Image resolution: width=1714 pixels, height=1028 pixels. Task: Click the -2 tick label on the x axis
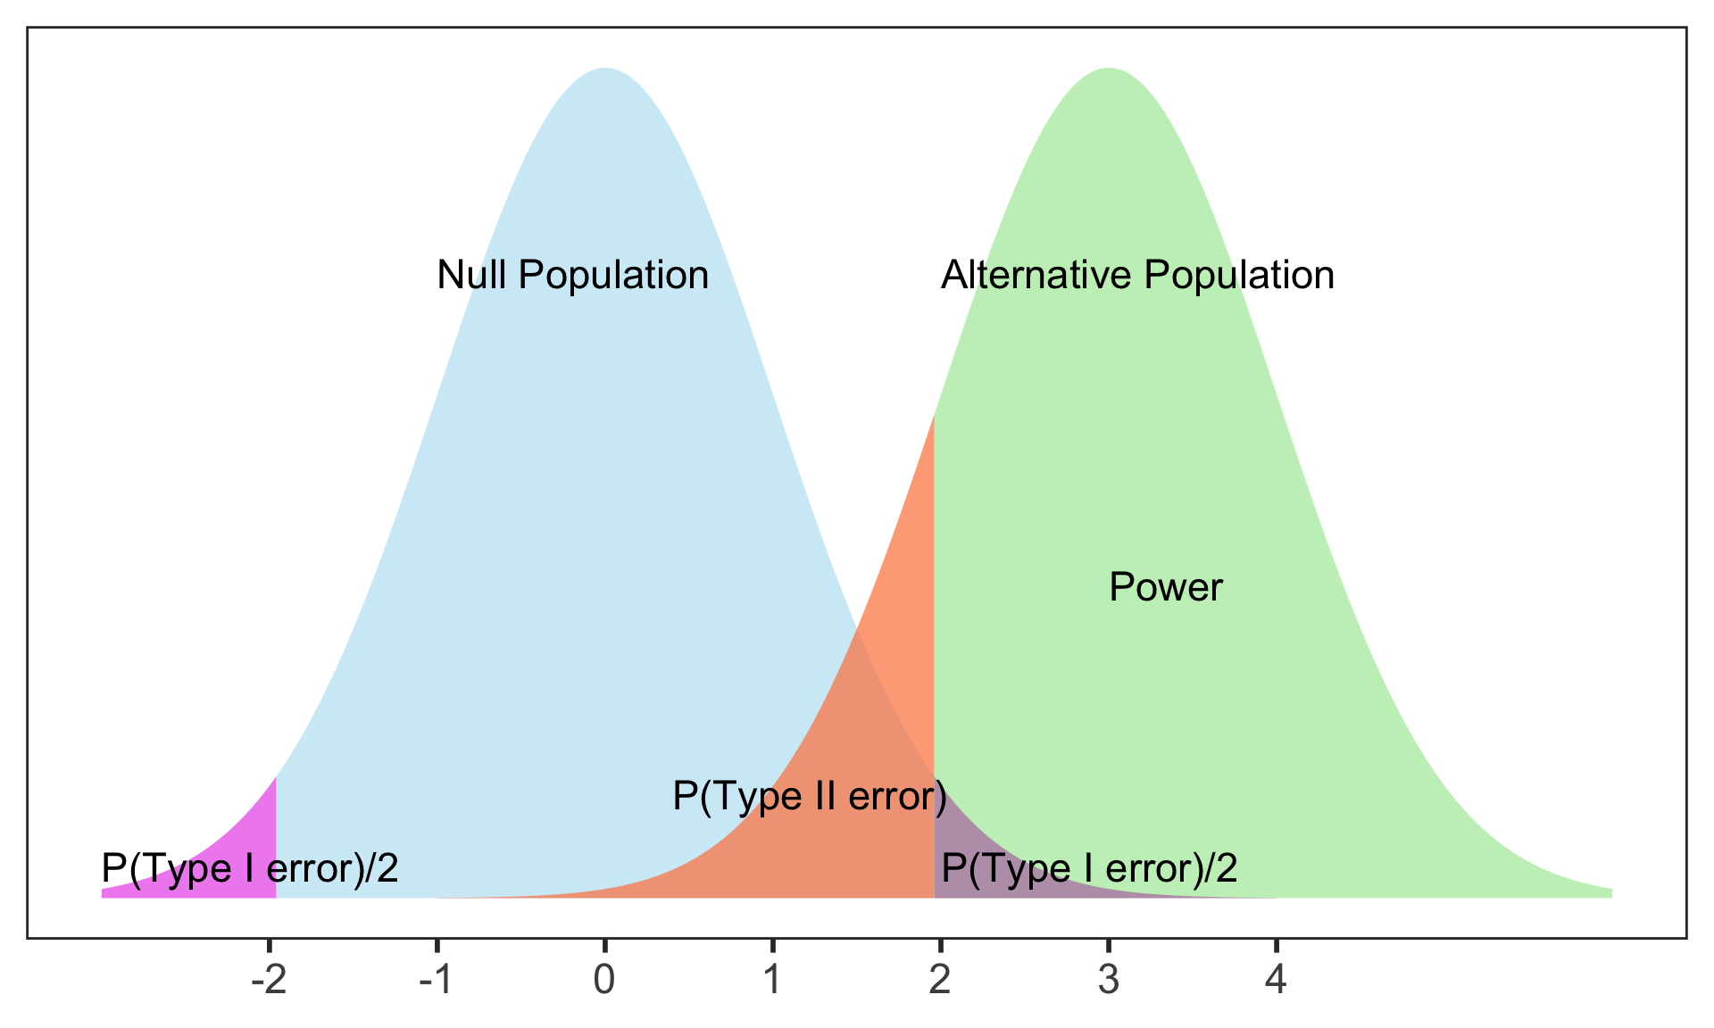click(268, 982)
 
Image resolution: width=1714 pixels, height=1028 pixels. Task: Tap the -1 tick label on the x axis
click(436, 982)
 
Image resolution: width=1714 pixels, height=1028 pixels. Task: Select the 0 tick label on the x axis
click(604, 982)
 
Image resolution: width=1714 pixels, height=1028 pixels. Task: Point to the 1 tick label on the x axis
click(772, 982)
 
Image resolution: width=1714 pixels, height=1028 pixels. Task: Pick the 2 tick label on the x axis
click(940, 982)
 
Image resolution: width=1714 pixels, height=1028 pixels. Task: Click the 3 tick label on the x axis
click(1108, 982)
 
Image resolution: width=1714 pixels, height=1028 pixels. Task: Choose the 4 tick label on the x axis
click(1276, 982)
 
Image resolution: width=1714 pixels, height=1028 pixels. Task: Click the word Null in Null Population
click(472, 275)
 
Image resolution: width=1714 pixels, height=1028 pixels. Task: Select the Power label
click(1165, 587)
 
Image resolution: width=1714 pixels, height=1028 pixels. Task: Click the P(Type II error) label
click(809, 796)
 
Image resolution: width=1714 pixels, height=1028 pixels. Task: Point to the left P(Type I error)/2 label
click(250, 867)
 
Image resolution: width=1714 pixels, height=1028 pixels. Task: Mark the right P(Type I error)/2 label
click(1089, 867)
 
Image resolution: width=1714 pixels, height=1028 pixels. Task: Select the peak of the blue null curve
click(604, 71)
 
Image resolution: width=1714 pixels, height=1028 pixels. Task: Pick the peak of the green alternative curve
click(1108, 71)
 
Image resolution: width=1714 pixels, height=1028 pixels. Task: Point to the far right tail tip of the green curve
click(1609, 892)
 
